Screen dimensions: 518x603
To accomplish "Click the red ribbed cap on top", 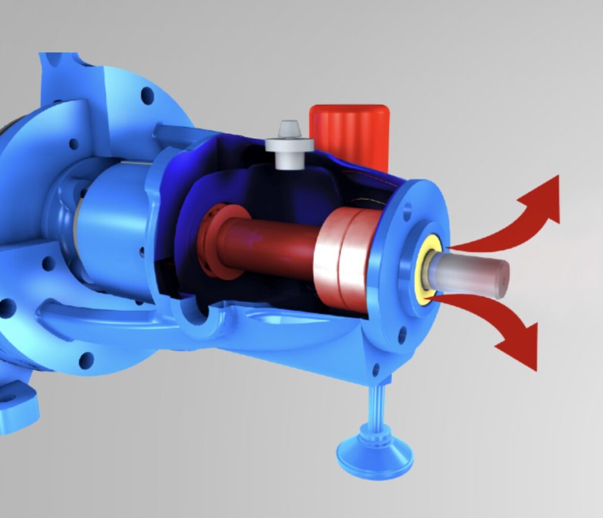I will (350, 135).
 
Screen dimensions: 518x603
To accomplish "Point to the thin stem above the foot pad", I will (375, 406).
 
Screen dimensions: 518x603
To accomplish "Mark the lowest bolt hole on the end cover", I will (375, 370).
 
